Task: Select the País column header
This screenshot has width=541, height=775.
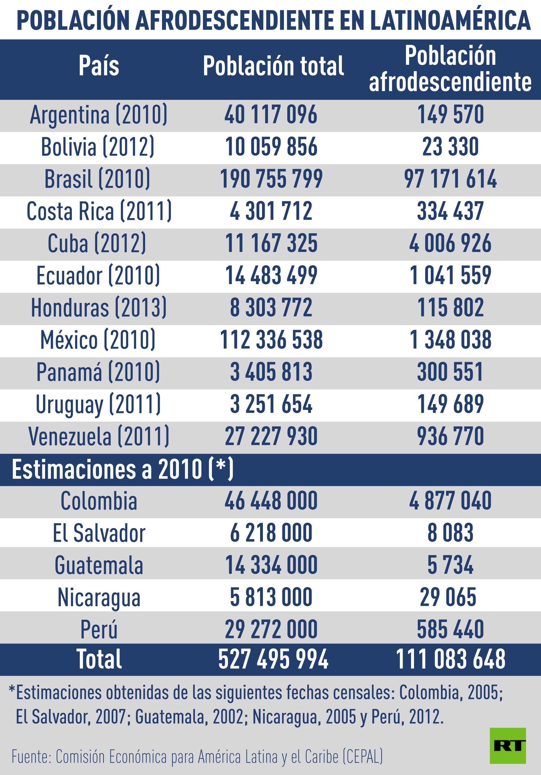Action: tap(99, 66)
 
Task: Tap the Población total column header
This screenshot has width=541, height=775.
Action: tap(273, 66)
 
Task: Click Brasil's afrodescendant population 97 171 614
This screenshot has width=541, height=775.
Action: tap(451, 179)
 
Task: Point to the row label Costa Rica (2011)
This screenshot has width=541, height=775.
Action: tap(99, 211)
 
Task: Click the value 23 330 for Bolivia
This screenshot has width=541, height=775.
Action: tap(451, 147)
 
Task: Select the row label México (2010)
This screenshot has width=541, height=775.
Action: tap(98, 340)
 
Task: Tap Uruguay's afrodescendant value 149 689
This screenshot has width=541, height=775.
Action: tap(451, 404)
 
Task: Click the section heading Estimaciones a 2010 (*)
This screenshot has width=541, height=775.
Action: tap(123, 470)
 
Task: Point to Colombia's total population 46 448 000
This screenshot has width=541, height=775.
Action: tap(271, 501)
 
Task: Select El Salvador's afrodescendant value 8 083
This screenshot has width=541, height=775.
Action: tap(451, 533)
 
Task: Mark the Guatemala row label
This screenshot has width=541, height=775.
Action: tap(99, 565)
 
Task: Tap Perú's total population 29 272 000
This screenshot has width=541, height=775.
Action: tap(271, 630)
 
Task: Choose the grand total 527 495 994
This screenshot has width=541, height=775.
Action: tap(273, 659)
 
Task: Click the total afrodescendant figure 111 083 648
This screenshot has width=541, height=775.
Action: tap(451, 659)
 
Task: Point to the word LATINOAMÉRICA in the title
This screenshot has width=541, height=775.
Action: tap(450, 20)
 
